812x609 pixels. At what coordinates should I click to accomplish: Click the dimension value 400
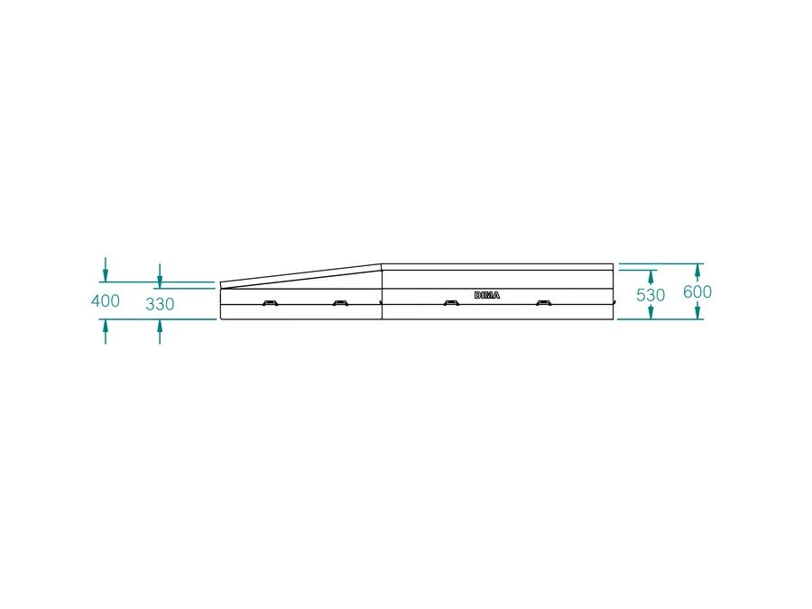pyautogui.click(x=106, y=300)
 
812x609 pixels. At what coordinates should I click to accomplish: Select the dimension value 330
pyautogui.click(x=160, y=303)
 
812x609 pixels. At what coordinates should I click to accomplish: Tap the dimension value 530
pyautogui.click(x=651, y=295)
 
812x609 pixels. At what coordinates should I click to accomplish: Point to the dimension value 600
pyautogui.click(x=697, y=291)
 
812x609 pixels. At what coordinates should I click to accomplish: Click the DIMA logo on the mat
pyautogui.click(x=487, y=295)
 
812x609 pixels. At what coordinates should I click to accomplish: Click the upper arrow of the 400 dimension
pyautogui.click(x=106, y=270)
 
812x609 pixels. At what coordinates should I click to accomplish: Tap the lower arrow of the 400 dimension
pyautogui.click(x=106, y=331)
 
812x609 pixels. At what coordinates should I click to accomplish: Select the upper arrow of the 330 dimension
pyautogui.click(x=160, y=276)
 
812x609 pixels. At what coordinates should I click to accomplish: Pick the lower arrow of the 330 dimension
pyautogui.click(x=160, y=331)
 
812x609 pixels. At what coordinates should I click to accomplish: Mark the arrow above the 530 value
pyautogui.click(x=651, y=277)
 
